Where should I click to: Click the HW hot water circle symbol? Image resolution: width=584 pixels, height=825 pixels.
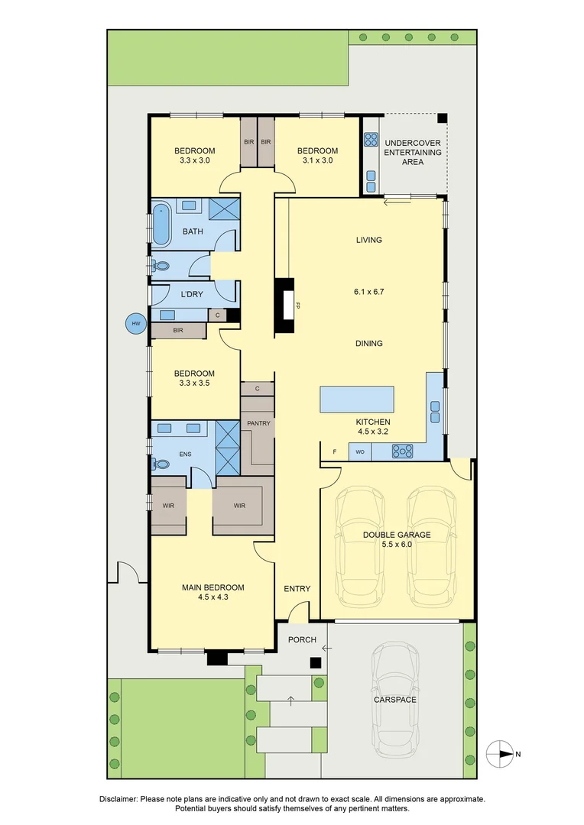(x=136, y=324)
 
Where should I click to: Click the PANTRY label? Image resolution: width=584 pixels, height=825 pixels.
(x=258, y=423)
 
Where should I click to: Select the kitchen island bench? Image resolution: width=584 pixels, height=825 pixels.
(x=357, y=400)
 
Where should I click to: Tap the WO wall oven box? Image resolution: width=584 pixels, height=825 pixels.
(x=360, y=452)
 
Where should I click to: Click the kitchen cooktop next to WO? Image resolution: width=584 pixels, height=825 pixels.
(x=402, y=452)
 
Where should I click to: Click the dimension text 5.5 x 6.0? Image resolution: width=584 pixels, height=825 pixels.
(x=397, y=545)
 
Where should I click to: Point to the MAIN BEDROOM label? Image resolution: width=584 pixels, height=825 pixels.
(x=213, y=587)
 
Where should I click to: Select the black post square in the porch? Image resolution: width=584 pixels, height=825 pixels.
(x=314, y=664)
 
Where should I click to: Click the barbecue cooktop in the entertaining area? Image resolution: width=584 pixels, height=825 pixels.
(x=371, y=140)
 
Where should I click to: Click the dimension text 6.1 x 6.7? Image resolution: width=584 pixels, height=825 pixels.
(x=368, y=291)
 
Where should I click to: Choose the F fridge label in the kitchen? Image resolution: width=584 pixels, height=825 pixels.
(x=334, y=452)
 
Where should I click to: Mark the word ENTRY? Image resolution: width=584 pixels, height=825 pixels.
(x=297, y=588)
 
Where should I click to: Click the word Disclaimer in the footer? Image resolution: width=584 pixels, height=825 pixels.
(x=118, y=798)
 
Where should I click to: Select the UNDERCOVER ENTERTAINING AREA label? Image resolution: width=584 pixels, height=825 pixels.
(x=413, y=152)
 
